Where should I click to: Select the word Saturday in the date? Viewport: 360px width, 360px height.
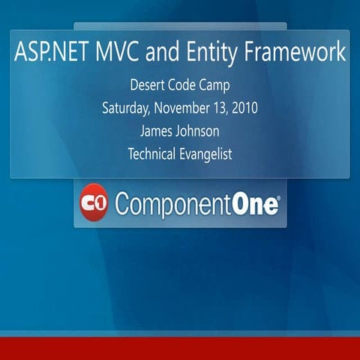pos(125,107)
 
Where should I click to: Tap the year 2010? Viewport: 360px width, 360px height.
pos(244,107)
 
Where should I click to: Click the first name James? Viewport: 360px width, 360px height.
pos(156,131)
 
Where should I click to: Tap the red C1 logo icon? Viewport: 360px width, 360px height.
pos(94,202)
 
